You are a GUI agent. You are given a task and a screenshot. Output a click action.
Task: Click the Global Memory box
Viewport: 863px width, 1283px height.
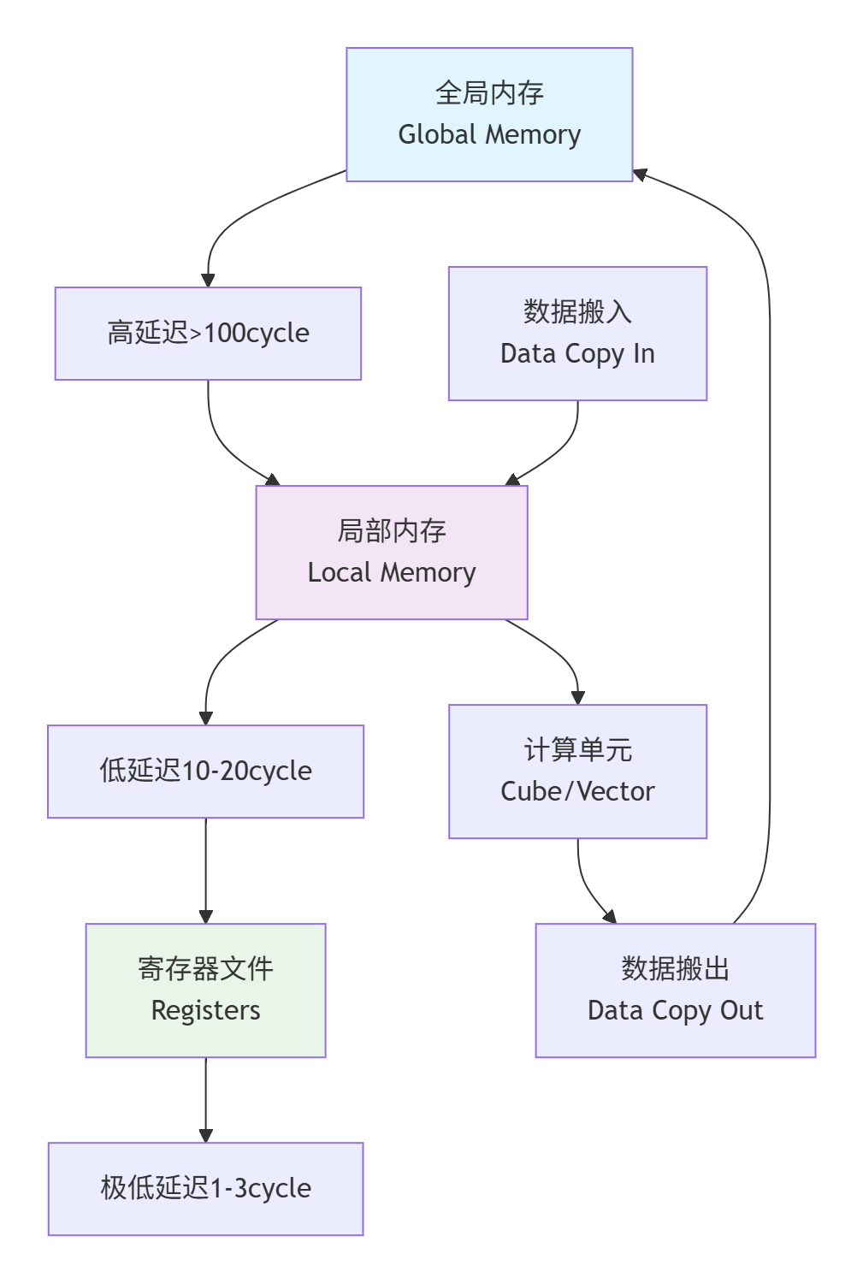coord(489,115)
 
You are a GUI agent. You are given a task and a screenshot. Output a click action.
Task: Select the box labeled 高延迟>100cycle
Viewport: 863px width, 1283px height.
coord(208,334)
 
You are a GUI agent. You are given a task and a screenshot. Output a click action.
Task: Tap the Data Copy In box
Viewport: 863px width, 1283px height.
coord(577,334)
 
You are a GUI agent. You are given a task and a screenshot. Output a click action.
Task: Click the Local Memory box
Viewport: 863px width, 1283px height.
coord(392,553)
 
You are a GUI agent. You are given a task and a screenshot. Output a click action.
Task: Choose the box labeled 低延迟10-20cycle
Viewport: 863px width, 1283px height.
coord(205,772)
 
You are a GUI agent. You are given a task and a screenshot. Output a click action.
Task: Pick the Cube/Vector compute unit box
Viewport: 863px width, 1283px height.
coord(577,772)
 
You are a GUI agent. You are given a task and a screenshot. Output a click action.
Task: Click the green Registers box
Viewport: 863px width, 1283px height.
coord(205,990)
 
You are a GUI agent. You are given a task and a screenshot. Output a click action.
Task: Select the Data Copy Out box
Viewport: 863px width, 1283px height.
coord(675,990)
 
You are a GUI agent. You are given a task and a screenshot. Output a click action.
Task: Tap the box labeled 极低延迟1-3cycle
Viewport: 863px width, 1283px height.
coord(205,1189)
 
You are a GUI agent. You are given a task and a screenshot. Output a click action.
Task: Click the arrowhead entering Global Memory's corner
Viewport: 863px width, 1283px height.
coord(640,174)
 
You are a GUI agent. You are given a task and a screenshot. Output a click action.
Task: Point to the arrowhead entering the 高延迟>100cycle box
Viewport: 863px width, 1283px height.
coord(208,280)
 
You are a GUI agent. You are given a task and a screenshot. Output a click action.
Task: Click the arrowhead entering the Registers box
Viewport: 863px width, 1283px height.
coord(205,916)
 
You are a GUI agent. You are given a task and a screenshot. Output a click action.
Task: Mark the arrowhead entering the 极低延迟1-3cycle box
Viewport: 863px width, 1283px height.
coord(205,1135)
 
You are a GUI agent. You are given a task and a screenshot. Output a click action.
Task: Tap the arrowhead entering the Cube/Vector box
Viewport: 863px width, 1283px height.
coord(577,697)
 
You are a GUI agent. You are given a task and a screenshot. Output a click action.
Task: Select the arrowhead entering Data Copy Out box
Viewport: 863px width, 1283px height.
coord(609,916)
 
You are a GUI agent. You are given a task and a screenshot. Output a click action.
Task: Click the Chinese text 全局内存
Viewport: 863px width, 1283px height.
coord(489,93)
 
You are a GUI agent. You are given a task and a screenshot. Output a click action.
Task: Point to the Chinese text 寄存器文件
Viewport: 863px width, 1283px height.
coord(205,969)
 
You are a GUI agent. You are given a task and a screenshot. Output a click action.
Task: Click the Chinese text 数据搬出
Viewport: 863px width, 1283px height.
coord(675,969)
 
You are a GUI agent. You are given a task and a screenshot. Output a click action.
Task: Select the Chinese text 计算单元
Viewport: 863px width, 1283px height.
coord(577,750)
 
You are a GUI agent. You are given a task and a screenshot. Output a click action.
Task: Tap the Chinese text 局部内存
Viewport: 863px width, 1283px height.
coord(392,531)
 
